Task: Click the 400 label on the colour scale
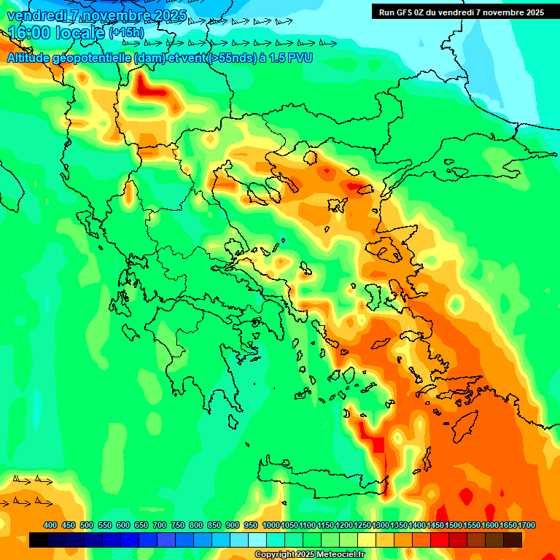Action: pos(50,525)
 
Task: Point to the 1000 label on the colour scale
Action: pos(271,525)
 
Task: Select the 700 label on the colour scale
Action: pos(160,525)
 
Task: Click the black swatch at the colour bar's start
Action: pos(39,540)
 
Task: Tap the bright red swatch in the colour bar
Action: pos(440,540)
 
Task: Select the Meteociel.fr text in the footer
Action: pos(339,555)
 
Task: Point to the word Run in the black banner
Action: pos(387,12)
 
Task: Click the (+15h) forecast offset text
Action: pos(126,33)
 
